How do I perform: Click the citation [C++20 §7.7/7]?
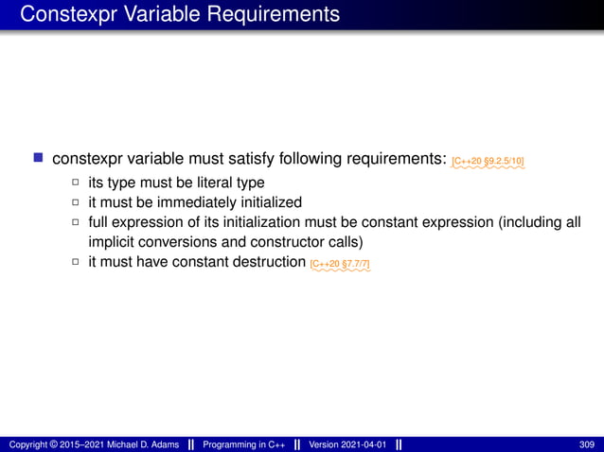tap(340, 263)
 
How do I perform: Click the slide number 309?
tap(587, 444)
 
